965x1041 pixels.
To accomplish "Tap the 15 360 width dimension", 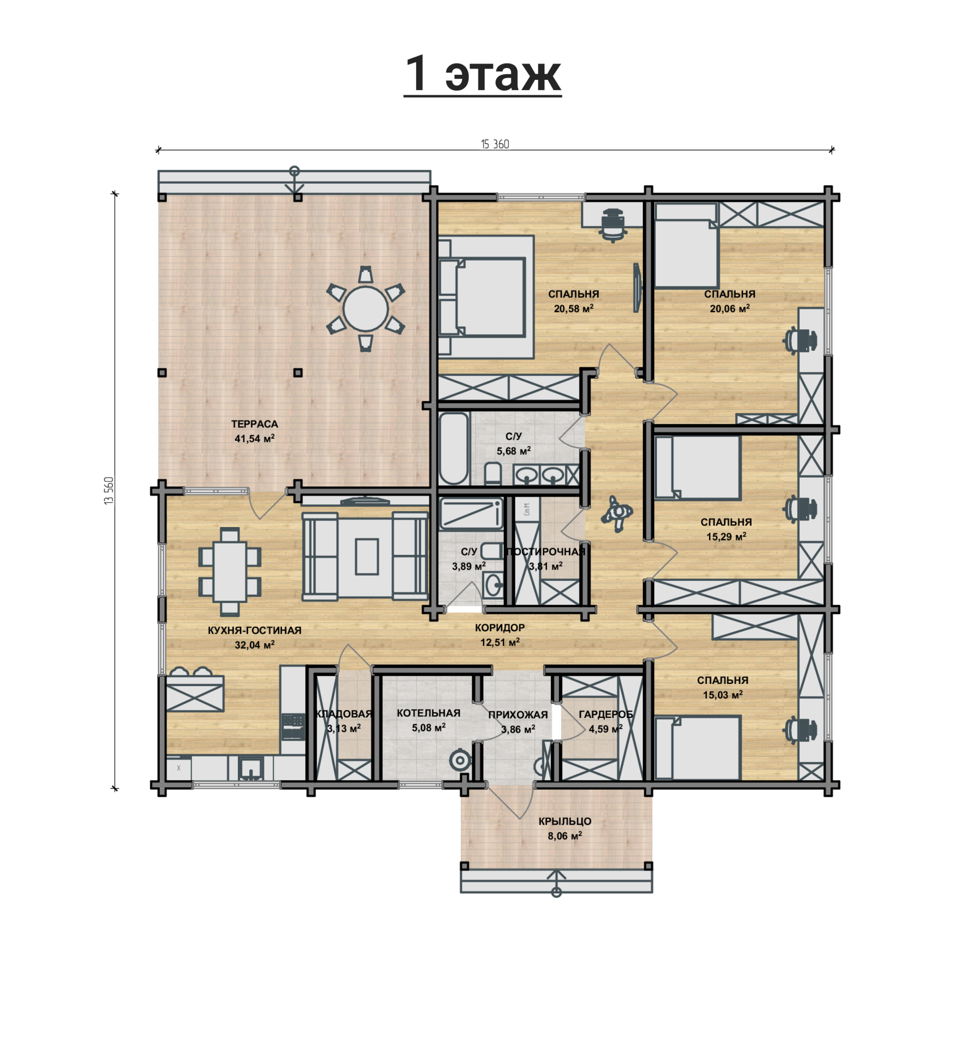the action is coord(495,145).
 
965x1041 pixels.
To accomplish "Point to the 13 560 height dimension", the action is coord(109,491).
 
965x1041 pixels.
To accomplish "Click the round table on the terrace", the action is coord(365,309).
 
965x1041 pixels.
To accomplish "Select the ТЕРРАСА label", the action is coord(254,424).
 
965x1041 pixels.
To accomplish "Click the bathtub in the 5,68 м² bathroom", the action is coord(454,449).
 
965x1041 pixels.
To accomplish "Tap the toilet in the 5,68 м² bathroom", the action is coord(493,474).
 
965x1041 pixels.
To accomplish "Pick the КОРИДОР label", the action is coord(499,628).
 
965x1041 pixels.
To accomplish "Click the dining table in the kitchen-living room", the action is coord(230,572).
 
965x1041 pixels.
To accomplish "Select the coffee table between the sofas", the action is coord(367,556).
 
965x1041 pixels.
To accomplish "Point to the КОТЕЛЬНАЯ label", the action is coord(429,713).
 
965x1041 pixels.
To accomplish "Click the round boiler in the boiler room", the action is coord(460,760).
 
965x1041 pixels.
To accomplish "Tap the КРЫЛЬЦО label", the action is coord(565,821).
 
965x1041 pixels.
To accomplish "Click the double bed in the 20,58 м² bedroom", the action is coord(483,297).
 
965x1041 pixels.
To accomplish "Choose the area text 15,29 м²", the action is coord(726,536).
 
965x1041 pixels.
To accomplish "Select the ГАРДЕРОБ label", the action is coord(605,715).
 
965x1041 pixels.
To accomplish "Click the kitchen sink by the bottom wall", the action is coord(250,769).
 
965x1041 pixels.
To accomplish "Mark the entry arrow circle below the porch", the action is coord(557,893).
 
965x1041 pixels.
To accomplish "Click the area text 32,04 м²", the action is coord(254,645).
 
